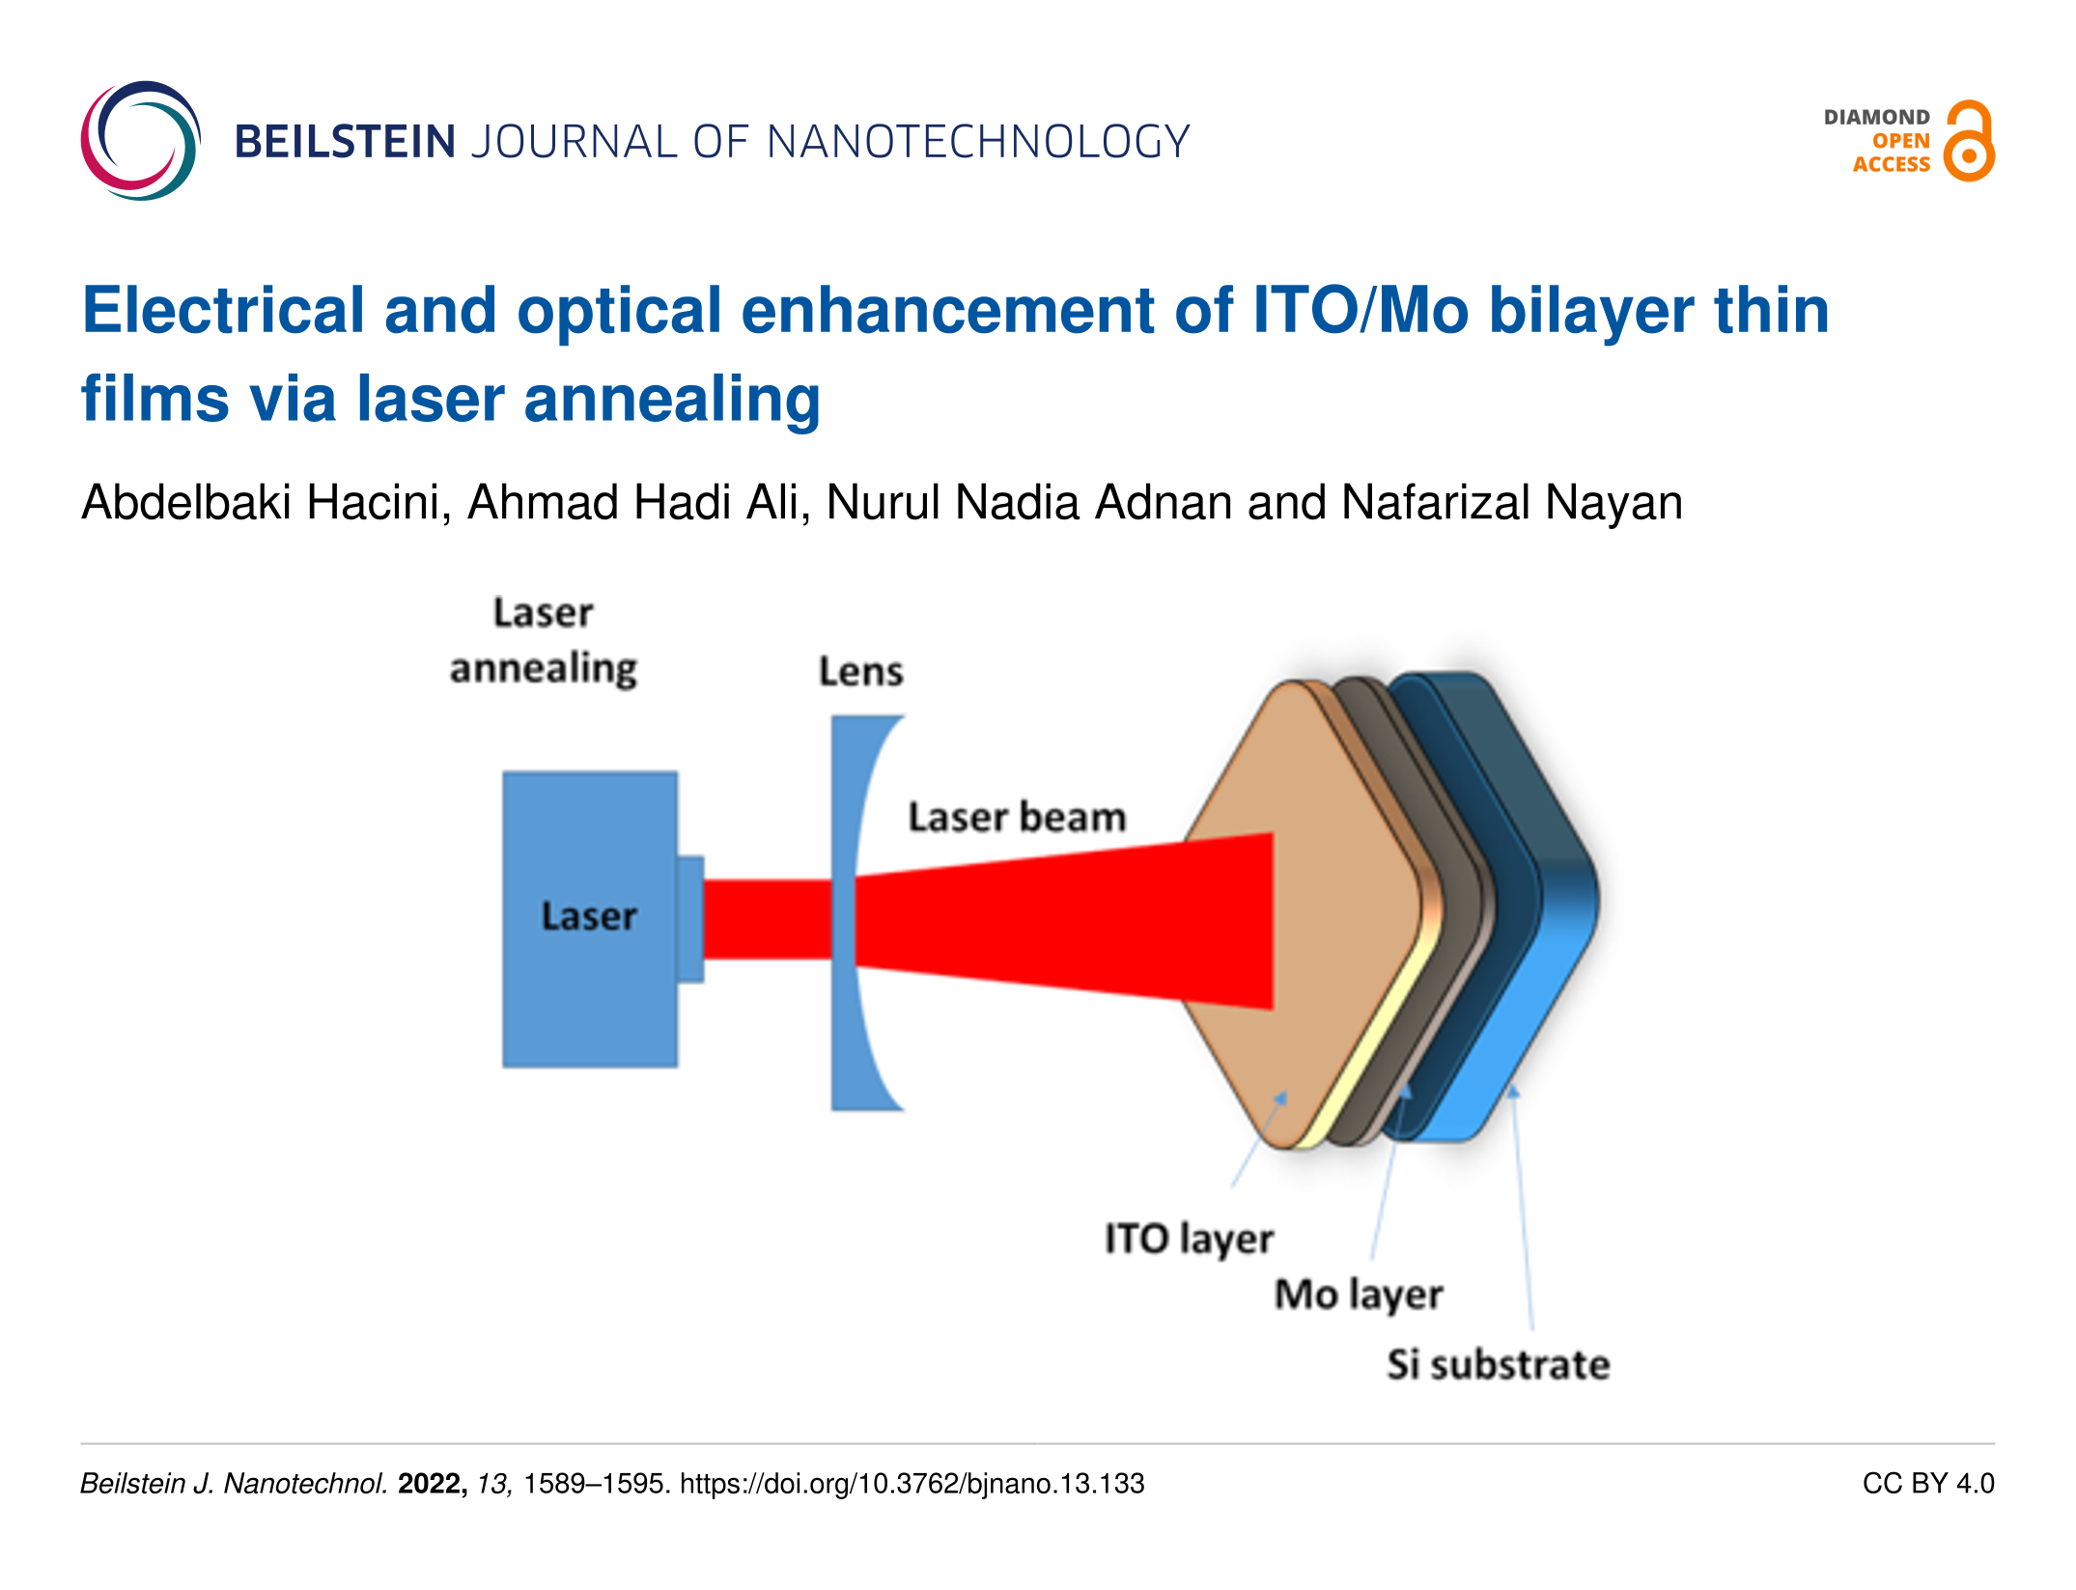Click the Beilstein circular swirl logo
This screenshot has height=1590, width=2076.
tap(140, 141)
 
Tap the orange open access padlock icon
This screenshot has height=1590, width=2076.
tap(1969, 141)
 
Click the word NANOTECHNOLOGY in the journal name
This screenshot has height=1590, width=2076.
tap(978, 142)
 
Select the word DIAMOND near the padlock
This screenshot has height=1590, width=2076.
tap(1876, 117)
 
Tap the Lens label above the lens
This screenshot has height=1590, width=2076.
tap(860, 671)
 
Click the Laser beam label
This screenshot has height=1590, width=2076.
tap(1017, 817)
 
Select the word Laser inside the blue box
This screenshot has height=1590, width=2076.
tap(589, 916)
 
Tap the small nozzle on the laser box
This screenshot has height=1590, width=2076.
tap(690, 919)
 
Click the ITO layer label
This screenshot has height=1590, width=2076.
tap(1189, 1240)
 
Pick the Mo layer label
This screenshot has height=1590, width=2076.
tap(1359, 1295)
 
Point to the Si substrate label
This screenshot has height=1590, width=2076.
tap(1499, 1364)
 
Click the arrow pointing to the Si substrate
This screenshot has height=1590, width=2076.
tap(1522, 1207)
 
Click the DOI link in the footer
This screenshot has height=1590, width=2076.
tap(912, 1483)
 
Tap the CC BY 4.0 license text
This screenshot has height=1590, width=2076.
tap(1928, 1483)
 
